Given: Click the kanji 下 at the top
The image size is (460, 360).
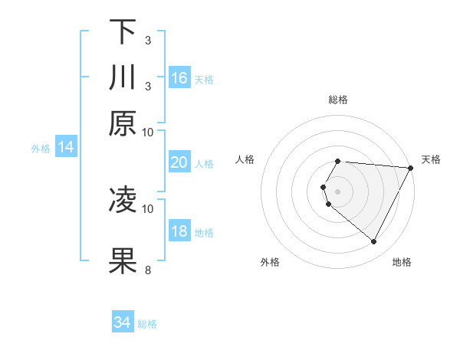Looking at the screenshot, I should (123, 31).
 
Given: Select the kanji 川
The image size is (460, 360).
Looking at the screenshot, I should (123, 77).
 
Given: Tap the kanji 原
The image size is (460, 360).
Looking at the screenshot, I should (123, 123).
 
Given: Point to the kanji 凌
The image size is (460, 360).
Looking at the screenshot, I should (123, 200).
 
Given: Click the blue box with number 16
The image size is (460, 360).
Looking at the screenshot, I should (179, 78).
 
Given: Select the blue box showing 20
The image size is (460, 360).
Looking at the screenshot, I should (179, 162).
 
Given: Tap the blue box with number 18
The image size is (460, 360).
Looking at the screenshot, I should (179, 231).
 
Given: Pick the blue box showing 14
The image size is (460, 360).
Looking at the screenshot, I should (66, 147).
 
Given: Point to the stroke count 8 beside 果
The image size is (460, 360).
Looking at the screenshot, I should (147, 270).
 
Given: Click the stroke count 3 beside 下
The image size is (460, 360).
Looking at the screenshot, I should (147, 40).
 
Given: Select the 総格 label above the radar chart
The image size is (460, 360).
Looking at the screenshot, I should (338, 100).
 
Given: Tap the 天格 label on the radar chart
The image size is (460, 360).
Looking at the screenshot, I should (432, 159).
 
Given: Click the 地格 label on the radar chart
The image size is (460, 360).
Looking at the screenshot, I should (402, 262).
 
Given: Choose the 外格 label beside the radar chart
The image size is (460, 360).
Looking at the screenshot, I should (270, 262).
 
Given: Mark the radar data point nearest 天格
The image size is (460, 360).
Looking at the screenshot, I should (412, 168).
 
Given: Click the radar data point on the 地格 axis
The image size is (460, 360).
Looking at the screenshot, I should (374, 242).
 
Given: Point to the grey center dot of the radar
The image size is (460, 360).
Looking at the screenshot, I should (338, 191).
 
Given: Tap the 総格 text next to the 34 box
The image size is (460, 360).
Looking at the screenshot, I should (147, 324).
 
